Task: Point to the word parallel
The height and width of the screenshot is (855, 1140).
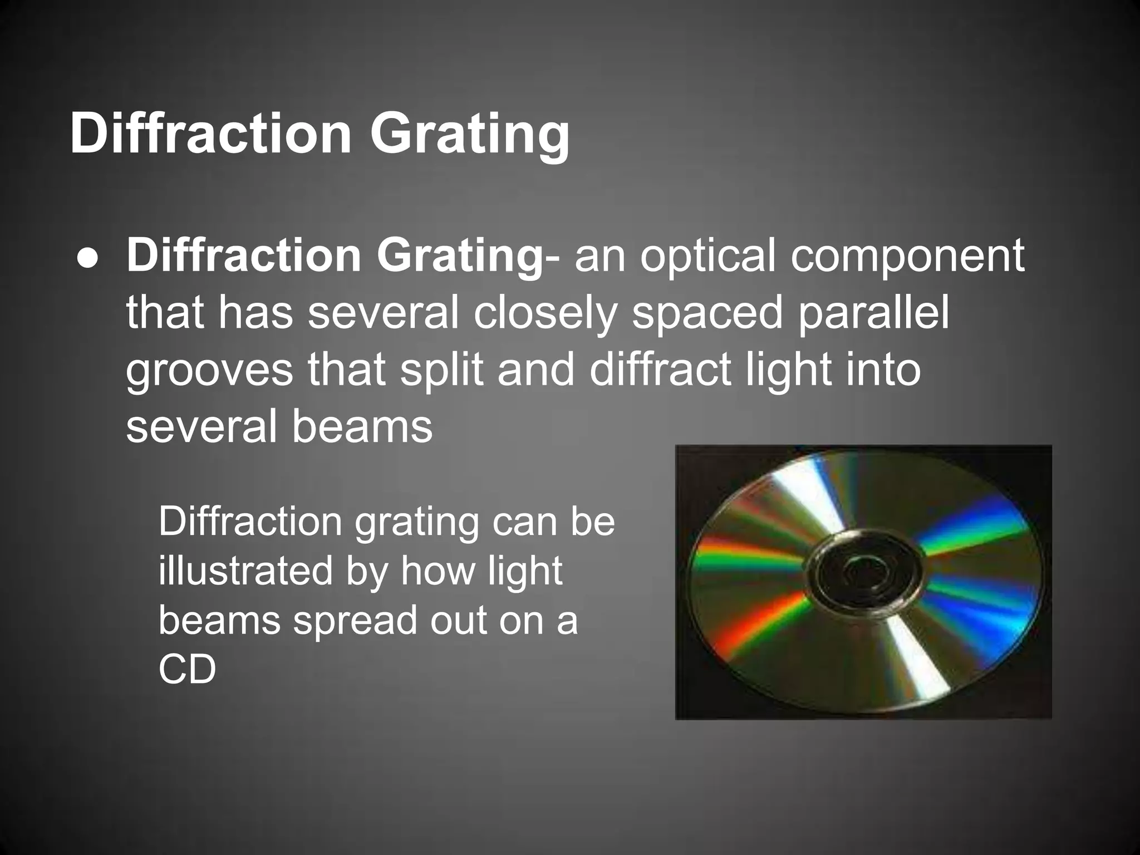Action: click(873, 313)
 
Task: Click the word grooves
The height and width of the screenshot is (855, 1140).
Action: click(209, 371)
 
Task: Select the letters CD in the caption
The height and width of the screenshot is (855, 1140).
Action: click(187, 669)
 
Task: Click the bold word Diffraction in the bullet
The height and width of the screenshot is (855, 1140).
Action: click(245, 256)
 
